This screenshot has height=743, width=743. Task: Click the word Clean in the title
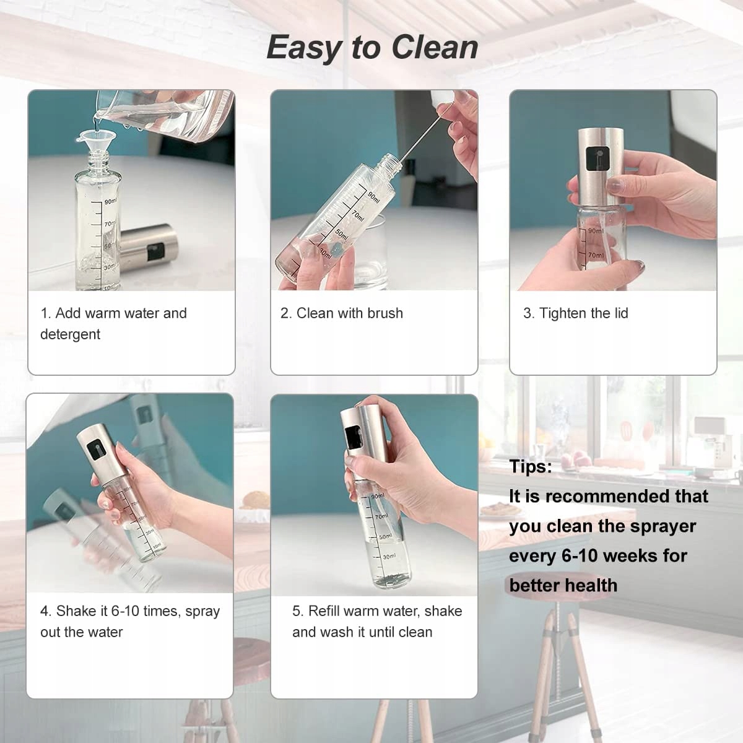pos(435,48)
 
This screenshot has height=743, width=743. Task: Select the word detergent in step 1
pos(70,334)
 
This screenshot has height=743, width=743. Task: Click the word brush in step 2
pos(385,313)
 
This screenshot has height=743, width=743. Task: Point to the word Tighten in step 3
pos(565,313)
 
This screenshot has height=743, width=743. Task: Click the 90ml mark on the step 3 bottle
pos(595,231)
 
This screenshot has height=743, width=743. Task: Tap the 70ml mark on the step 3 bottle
pos(595,255)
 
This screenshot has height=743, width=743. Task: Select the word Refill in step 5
pos(324,611)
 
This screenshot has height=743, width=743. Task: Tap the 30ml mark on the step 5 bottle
pos(389,557)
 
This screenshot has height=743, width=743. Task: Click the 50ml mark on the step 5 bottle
pos(385,536)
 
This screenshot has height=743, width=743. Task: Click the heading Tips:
pos(531,467)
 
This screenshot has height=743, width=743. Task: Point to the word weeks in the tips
pos(635,555)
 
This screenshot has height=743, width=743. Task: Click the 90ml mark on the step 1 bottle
pos(110,202)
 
